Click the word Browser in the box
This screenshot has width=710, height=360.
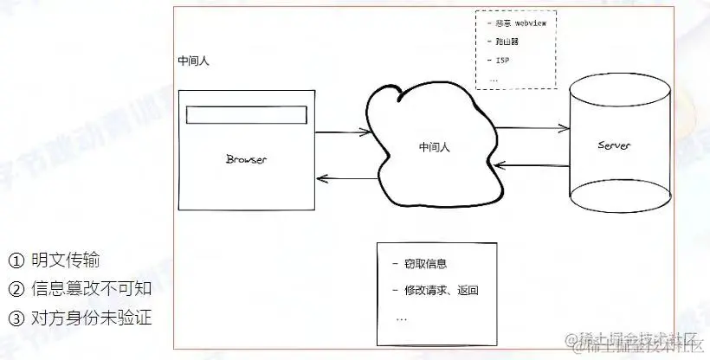click(246, 158)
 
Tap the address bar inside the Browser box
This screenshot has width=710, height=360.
click(247, 114)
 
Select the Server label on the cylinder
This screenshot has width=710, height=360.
click(614, 145)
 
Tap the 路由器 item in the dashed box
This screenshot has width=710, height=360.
click(508, 42)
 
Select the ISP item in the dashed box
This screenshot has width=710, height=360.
click(503, 60)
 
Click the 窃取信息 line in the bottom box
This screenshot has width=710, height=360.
click(426, 264)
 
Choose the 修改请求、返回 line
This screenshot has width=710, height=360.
click(441, 290)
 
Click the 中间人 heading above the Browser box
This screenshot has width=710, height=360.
click(192, 62)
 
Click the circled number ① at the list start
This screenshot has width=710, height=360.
click(16, 260)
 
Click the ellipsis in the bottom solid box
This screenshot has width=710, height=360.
click(401, 318)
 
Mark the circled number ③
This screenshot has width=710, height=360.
click(16, 318)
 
